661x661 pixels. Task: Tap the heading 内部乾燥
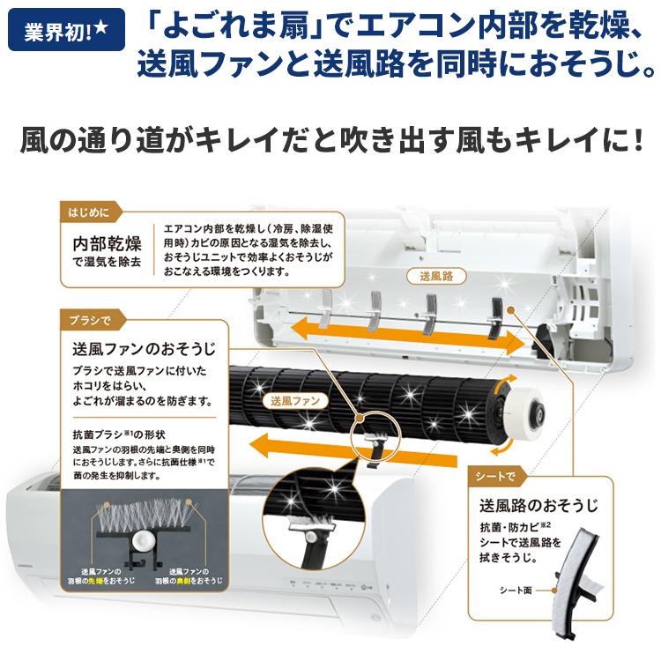point(107,243)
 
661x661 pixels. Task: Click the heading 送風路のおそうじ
point(538,506)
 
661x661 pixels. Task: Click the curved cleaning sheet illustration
point(583,582)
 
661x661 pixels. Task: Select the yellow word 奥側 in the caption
point(198,583)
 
